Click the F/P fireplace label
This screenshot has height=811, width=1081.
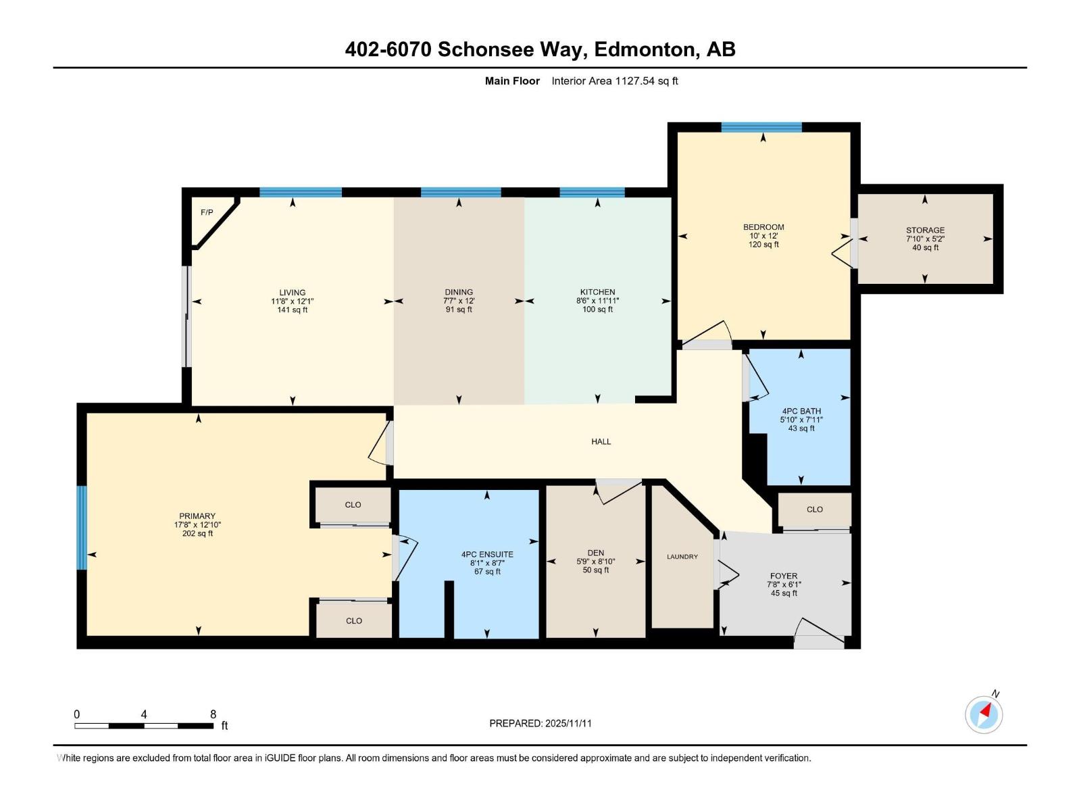point(207,213)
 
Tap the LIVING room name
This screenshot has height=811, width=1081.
point(293,293)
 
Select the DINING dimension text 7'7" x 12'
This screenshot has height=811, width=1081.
point(459,301)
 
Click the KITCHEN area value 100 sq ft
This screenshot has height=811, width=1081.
point(597,310)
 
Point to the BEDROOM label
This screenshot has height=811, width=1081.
point(763,227)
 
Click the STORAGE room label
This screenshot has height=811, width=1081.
point(925,230)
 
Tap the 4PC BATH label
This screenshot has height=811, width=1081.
point(801,411)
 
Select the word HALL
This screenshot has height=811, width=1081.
point(601,441)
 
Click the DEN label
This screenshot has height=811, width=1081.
point(595,553)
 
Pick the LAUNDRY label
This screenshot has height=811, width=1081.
point(682,557)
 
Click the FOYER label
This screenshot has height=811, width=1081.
point(784,576)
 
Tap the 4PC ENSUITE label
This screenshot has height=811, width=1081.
point(487,554)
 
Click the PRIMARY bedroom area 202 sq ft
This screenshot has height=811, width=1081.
point(197,533)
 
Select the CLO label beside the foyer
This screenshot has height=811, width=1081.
point(815,510)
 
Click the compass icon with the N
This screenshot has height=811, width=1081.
point(984,714)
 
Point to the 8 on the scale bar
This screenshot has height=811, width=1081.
point(213,714)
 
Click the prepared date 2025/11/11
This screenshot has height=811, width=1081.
point(567,723)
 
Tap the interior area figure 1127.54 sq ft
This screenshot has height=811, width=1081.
point(646,81)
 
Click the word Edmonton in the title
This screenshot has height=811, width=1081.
point(647,49)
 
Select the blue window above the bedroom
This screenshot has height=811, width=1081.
point(761,127)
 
